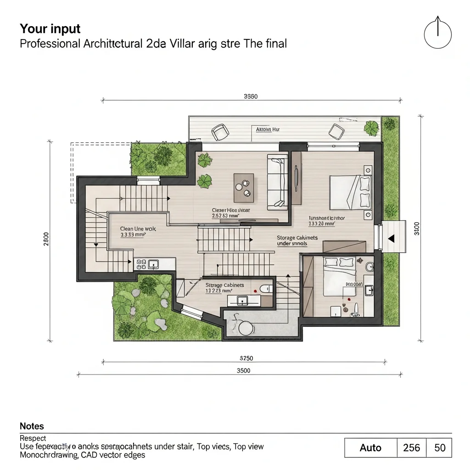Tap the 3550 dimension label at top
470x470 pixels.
[x=250, y=96]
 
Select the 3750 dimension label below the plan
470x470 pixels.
[x=246, y=358]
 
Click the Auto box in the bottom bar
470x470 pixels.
[x=370, y=448]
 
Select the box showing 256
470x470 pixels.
[x=411, y=448]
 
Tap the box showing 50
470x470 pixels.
[x=440, y=448]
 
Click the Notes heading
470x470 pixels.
[x=32, y=426]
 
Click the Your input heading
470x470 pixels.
[x=50, y=29]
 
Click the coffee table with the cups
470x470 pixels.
[x=243, y=187]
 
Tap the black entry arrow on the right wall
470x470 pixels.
[x=391, y=238]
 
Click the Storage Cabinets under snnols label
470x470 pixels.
[x=297, y=241]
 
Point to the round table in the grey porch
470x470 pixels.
[x=246, y=327]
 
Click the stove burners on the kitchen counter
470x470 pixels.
[x=141, y=264]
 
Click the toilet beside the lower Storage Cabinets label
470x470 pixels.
[x=263, y=289]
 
